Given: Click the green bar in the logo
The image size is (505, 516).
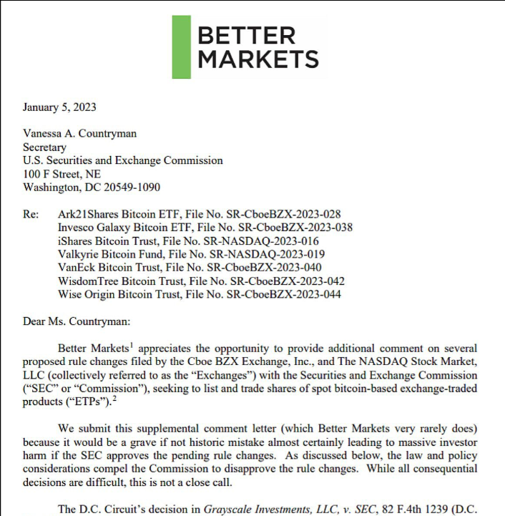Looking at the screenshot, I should click(181, 47).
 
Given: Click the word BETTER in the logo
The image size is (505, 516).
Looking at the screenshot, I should click(246, 35).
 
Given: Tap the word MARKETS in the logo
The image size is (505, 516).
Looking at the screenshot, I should click(258, 59).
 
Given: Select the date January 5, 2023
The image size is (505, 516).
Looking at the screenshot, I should click(59, 107).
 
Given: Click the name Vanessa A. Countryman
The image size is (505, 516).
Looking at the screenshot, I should click(79, 133).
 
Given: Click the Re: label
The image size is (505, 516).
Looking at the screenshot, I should click(31, 213).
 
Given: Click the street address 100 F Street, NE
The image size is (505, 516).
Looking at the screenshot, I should click(62, 174).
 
